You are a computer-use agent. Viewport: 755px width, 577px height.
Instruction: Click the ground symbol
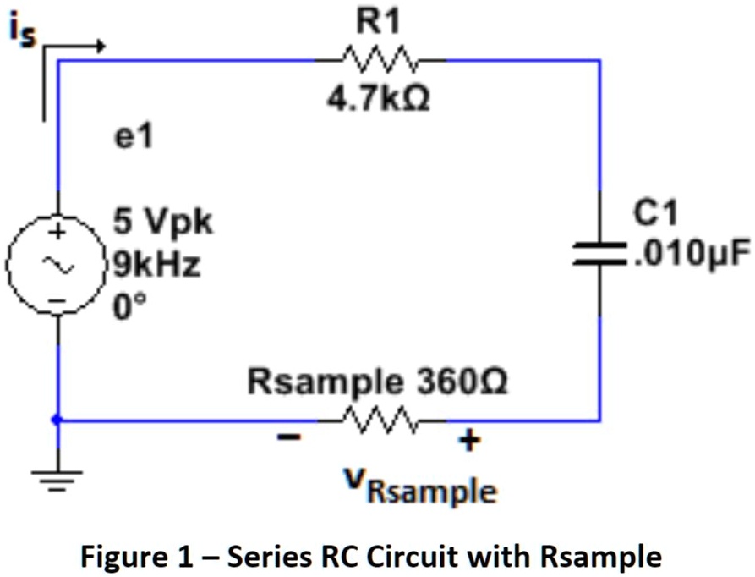click(x=57, y=478)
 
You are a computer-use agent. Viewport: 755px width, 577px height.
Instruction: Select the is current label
click(x=24, y=32)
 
